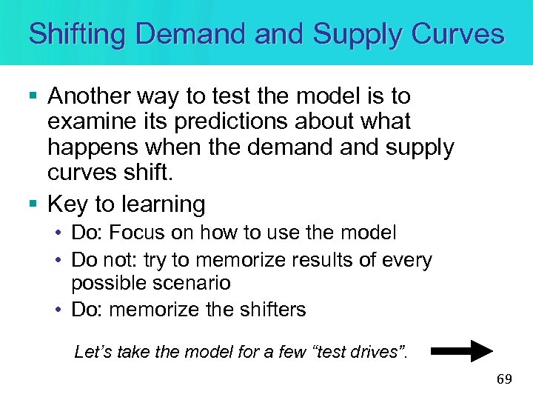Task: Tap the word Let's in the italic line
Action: click(93, 352)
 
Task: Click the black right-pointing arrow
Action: click(462, 350)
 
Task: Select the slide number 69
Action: click(504, 379)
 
